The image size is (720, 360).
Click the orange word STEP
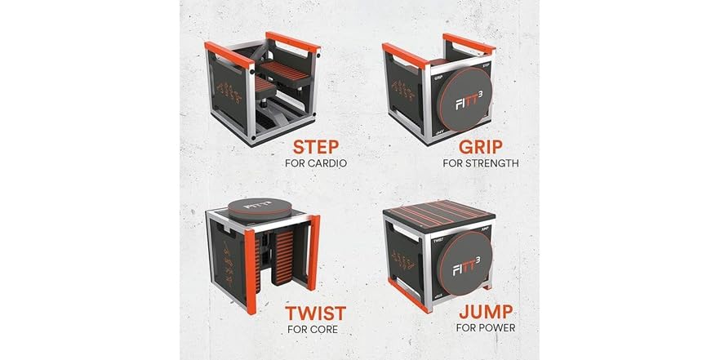(x=314, y=148)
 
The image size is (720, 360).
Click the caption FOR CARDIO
(x=315, y=163)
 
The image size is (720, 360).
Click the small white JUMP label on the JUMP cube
(x=485, y=231)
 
